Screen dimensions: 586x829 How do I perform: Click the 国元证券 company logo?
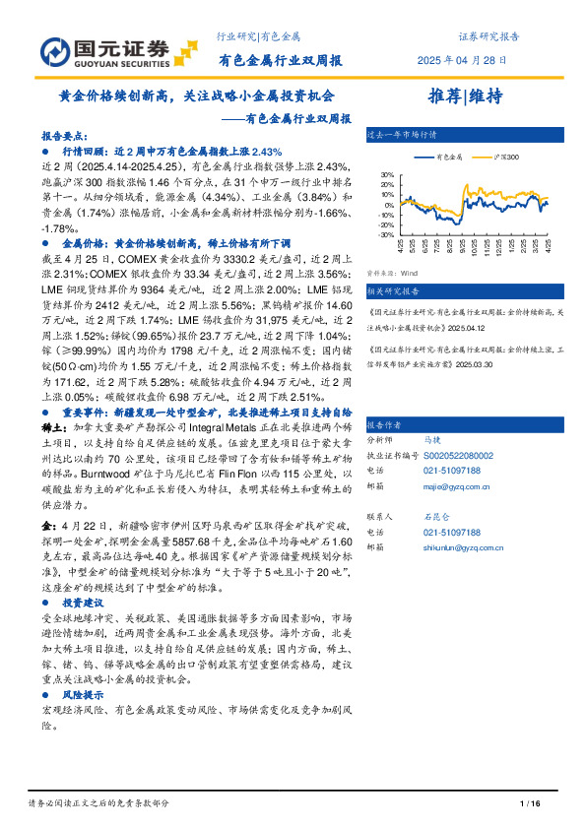coord(104,50)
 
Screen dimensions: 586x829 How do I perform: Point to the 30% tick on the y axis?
coord(387,175)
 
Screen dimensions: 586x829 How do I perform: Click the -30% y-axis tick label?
coord(386,235)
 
